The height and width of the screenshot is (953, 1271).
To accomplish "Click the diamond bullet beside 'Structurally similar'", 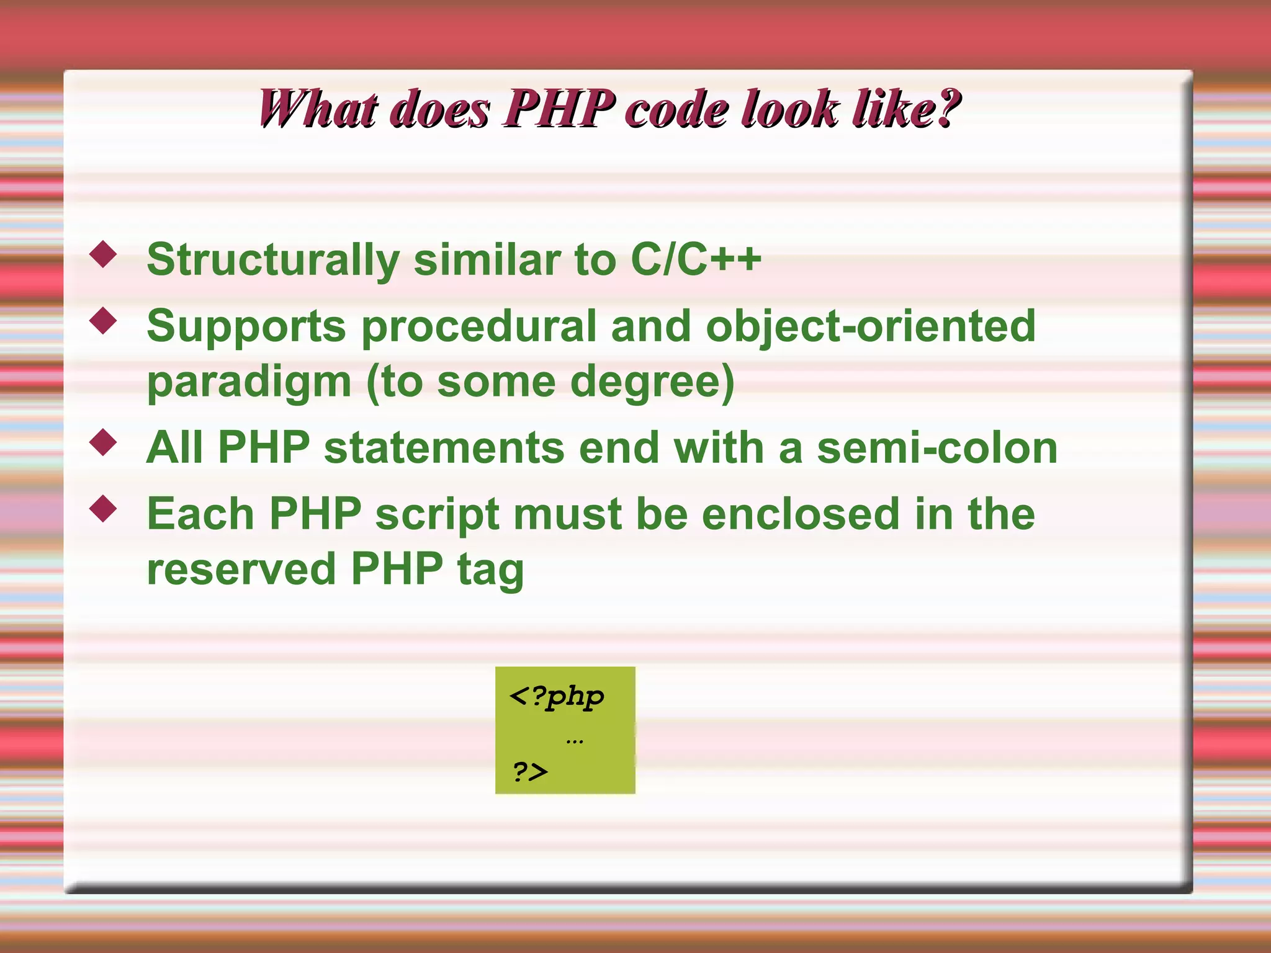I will pos(103,254).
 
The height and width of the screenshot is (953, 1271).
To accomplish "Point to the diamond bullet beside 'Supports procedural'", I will pos(103,321).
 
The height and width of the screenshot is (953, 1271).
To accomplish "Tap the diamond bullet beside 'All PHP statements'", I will pos(103,442).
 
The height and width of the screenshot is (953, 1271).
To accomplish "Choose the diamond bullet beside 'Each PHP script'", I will pos(103,509).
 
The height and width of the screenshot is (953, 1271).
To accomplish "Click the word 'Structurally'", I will pos(273,259).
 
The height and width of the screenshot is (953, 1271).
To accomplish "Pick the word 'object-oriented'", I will pos(870,326).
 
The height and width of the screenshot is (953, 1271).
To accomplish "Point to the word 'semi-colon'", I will pos(937,447).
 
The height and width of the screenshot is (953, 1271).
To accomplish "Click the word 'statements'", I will pos(444,447).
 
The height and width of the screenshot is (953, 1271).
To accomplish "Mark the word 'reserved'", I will pos(241,569).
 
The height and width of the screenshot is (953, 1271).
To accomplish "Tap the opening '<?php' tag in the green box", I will pos(556,697).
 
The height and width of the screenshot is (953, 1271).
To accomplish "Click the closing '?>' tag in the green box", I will pos(530,772).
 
